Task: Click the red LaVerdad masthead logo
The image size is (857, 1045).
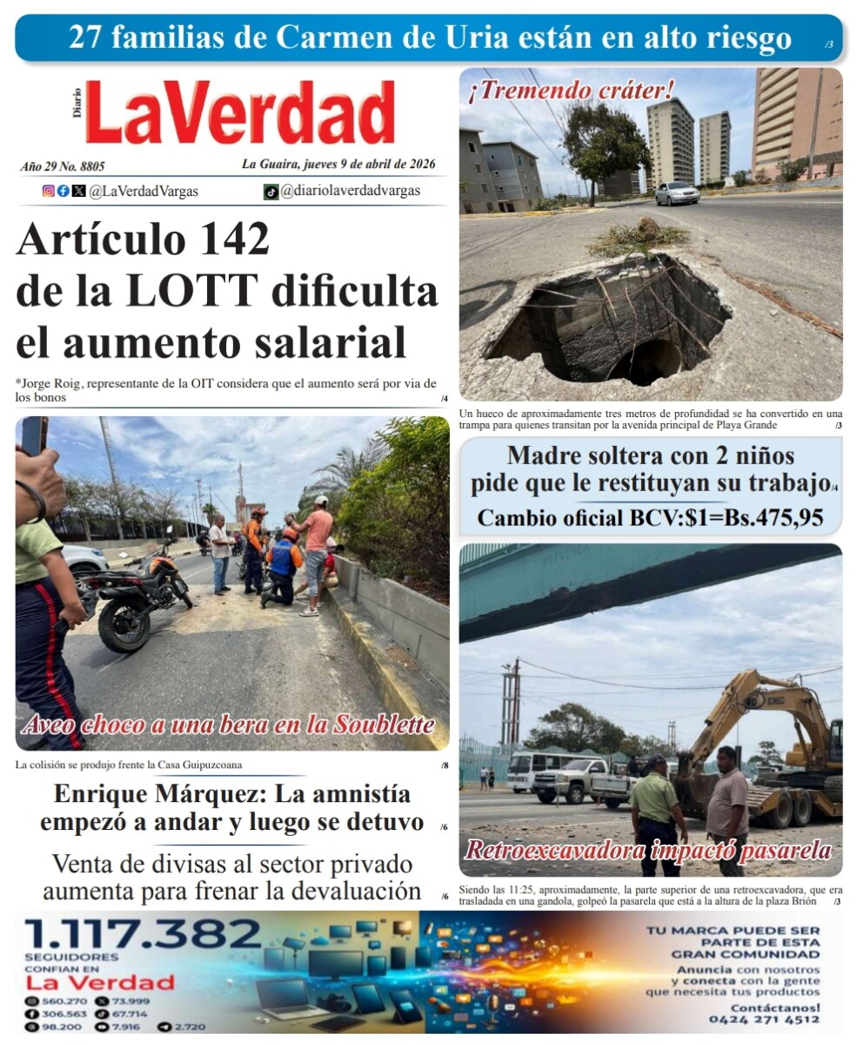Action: pyautogui.click(x=239, y=112)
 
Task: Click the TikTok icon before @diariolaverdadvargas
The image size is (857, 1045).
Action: pyautogui.click(x=271, y=192)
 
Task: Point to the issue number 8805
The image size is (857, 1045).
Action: pyautogui.click(x=89, y=165)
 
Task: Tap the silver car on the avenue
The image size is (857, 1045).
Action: pyautogui.click(x=677, y=193)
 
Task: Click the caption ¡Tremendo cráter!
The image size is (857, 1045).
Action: pyautogui.click(x=571, y=90)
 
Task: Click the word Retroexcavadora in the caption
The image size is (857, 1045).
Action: pyautogui.click(x=554, y=851)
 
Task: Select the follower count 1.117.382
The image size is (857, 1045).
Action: pyautogui.click(x=143, y=935)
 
